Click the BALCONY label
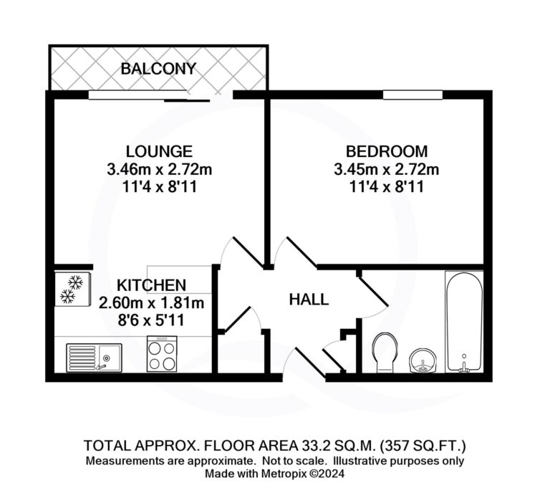[x=158, y=69]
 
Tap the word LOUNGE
[x=159, y=151]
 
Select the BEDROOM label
[x=387, y=151]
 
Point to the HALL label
[x=309, y=300]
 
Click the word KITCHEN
[x=152, y=285]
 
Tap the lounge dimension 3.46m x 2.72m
[x=160, y=170]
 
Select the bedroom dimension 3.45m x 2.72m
[x=387, y=170]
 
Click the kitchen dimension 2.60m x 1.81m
[x=152, y=303]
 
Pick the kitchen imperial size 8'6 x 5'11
[x=151, y=320]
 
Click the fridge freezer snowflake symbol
[x=72, y=289]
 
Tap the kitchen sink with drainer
[x=94, y=358]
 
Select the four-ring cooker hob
[x=162, y=354]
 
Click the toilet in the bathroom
[x=385, y=353]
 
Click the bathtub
[x=464, y=322]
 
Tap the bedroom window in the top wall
[x=412, y=95]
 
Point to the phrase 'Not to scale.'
[x=295, y=461]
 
